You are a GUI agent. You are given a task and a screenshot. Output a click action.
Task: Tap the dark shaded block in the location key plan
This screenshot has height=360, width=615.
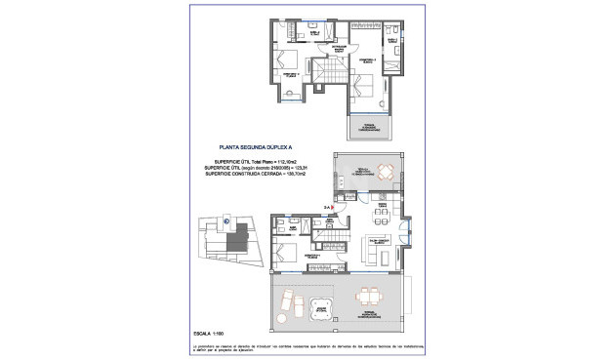234,243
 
